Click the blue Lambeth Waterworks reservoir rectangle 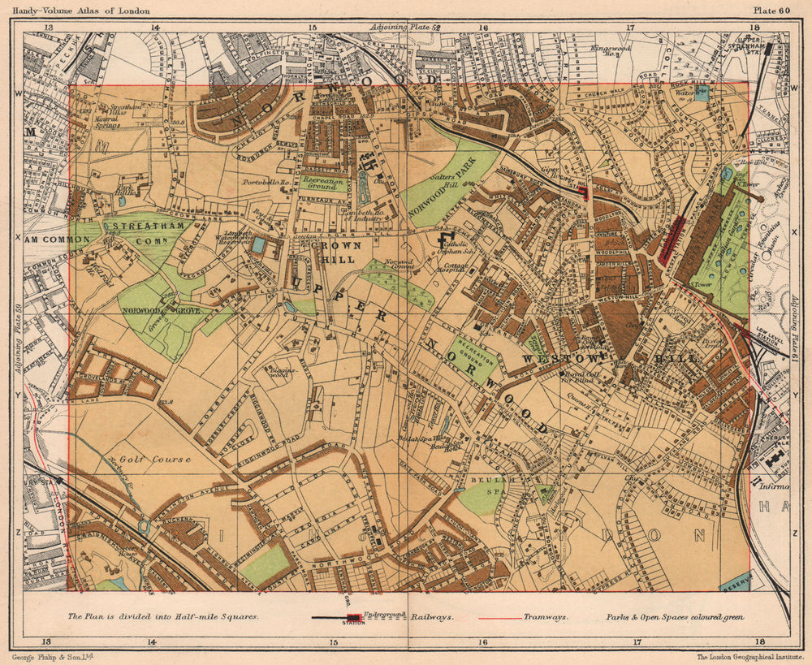[258, 244]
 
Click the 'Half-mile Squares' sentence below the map [163, 616]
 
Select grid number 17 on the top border [630, 27]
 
